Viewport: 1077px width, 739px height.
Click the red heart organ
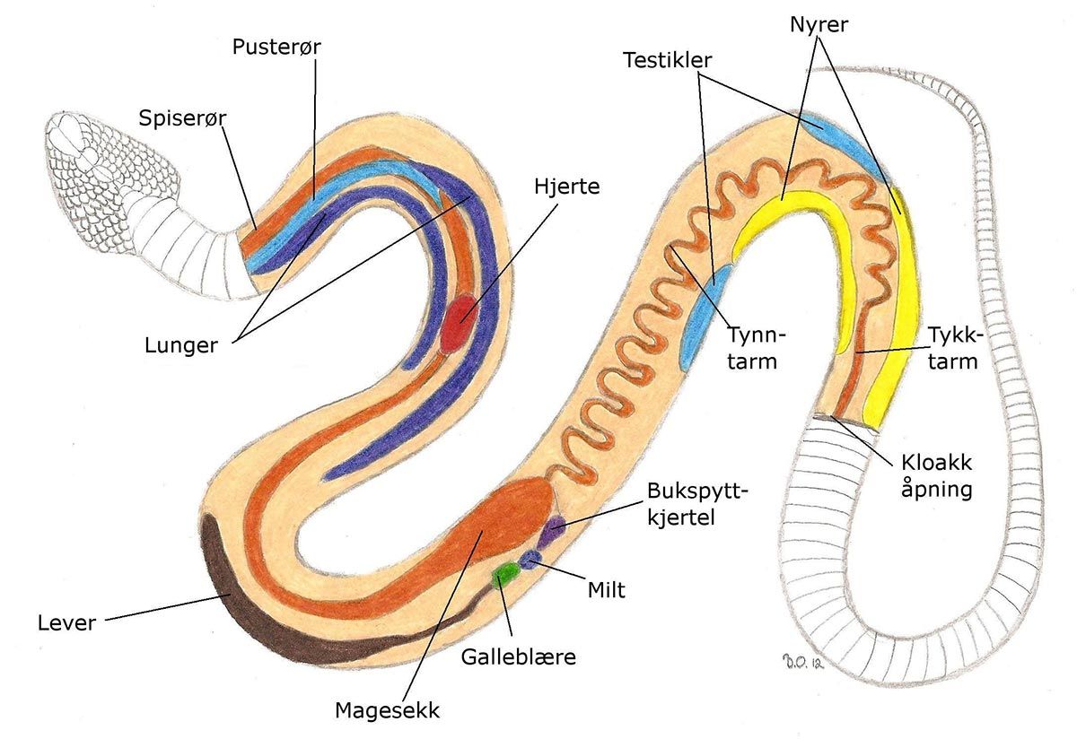click(x=459, y=325)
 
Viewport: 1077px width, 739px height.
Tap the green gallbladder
click(x=506, y=574)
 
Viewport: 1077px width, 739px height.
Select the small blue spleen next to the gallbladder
click(x=531, y=560)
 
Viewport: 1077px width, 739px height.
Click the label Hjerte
click(x=567, y=187)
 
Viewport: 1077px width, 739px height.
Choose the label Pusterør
click(x=276, y=47)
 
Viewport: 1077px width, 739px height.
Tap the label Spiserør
click(x=182, y=118)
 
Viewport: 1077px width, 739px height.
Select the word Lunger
click(x=181, y=345)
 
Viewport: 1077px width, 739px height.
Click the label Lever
click(x=66, y=622)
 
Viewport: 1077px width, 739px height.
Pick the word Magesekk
click(x=387, y=710)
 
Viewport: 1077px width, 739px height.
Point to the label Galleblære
click(x=519, y=656)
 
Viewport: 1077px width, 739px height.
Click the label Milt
click(x=607, y=589)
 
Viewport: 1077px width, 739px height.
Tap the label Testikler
click(x=668, y=60)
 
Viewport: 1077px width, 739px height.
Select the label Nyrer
click(x=819, y=25)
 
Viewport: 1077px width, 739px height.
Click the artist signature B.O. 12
click(x=803, y=662)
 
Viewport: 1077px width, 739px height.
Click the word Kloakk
click(x=936, y=463)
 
